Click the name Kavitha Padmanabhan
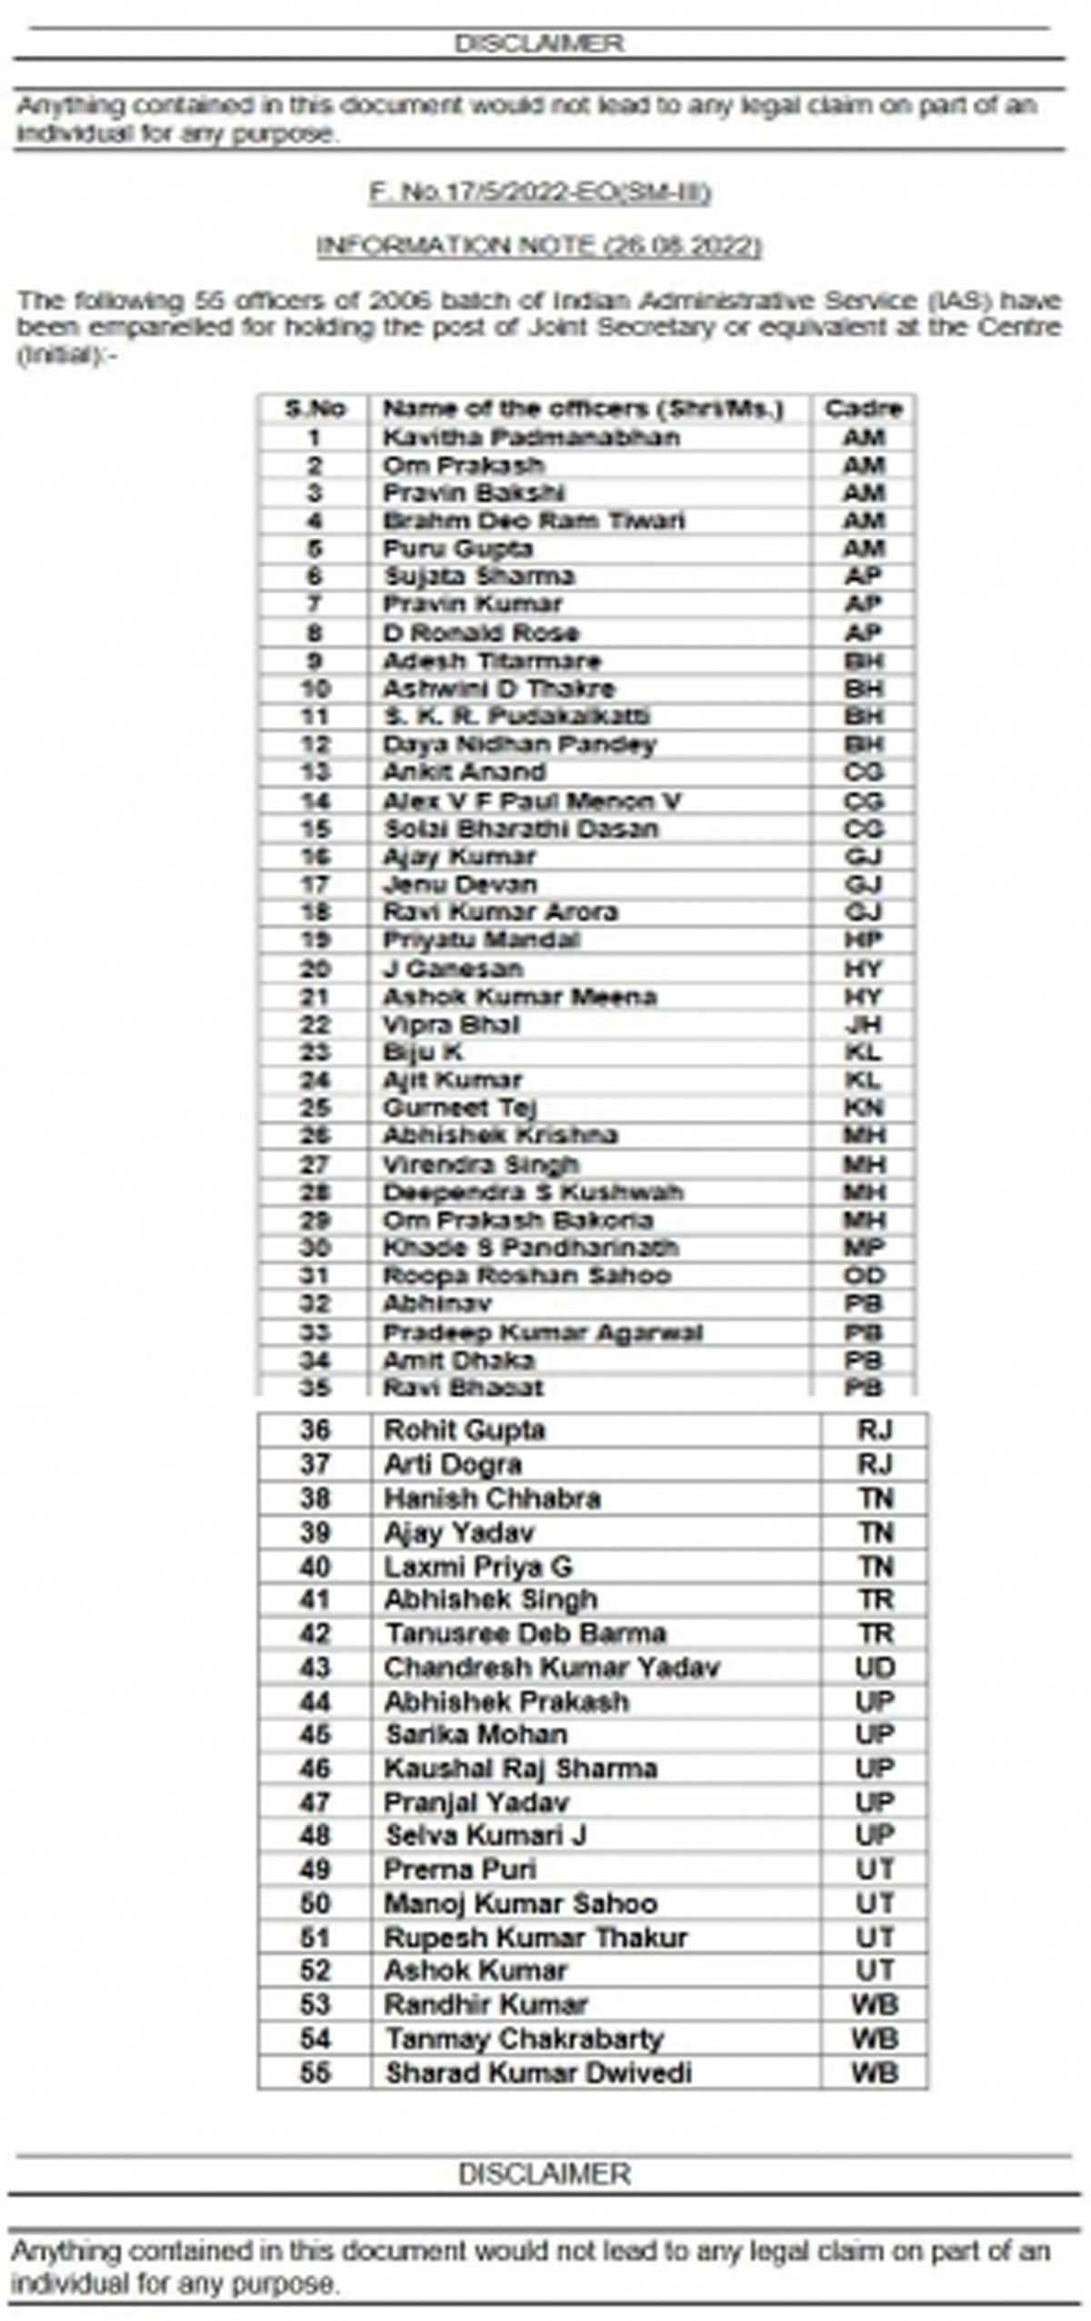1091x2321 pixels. tap(531, 437)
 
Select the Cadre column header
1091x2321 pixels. tap(863, 409)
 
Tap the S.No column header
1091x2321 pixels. tap(315, 409)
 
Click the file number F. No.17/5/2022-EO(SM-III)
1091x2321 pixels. tap(540, 193)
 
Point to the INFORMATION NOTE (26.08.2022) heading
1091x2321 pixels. tap(539, 246)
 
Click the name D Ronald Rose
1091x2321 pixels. tap(481, 633)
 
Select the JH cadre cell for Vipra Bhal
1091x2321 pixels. tap(863, 1025)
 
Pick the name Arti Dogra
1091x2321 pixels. tap(453, 1464)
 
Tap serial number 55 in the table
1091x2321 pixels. tap(315, 2073)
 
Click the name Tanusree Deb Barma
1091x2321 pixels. tap(525, 1633)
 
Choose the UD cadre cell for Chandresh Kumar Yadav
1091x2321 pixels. tap(875, 1668)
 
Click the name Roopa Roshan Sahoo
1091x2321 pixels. tap(527, 1276)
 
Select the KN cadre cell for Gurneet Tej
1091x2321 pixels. tap(863, 1108)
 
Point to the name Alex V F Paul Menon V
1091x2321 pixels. tap(532, 801)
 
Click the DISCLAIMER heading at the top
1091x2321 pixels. tap(539, 44)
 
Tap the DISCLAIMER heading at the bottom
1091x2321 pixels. tap(544, 2175)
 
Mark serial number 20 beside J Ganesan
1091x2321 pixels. tap(315, 969)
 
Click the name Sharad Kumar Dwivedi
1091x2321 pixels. tap(538, 2073)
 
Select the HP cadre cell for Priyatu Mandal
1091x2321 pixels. tap(863, 940)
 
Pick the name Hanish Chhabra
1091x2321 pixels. tap(492, 1499)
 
